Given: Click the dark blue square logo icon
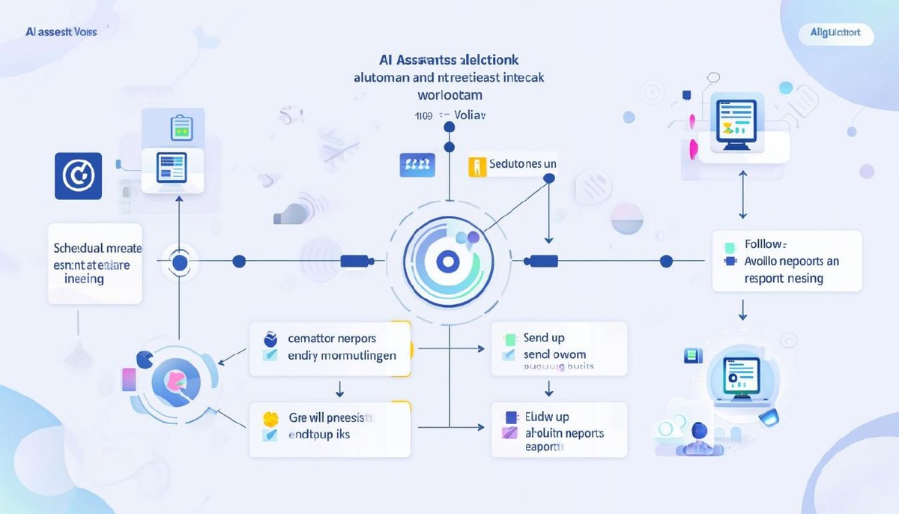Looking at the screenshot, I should (x=78, y=176).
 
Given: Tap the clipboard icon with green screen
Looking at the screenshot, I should (x=181, y=128).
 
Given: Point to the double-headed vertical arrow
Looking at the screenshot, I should (x=742, y=194).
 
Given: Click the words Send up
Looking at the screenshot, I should (x=544, y=338).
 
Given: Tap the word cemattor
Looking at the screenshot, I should (x=311, y=338).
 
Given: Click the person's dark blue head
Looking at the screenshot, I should (x=700, y=430).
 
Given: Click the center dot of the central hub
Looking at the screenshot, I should (x=448, y=261).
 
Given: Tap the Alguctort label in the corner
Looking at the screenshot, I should (x=835, y=32).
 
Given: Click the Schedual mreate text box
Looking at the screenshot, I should (x=95, y=263).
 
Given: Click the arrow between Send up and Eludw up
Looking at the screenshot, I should (x=549, y=388).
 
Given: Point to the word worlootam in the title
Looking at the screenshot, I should (x=449, y=95).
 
